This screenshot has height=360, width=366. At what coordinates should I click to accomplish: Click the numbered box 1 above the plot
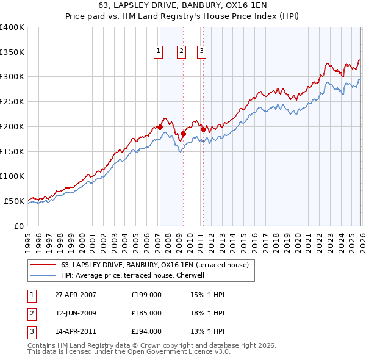(x=159, y=52)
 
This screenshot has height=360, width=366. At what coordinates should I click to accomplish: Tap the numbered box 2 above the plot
(x=182, y=52)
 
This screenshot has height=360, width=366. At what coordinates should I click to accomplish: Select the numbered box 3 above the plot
(x=201, y=52)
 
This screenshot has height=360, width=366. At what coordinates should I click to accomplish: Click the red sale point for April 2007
(x=160, y=127)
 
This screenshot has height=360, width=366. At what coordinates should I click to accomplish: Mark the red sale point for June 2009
(x=183, y=134)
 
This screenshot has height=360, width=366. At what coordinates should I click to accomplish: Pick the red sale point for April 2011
(x=203, y=129)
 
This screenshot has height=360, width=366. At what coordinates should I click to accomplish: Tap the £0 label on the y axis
(x=18, y=226)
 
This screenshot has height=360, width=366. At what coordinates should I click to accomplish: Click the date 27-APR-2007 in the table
(x=76, y=295)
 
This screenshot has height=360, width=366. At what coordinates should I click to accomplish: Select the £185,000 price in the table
(x=146, y=313)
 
